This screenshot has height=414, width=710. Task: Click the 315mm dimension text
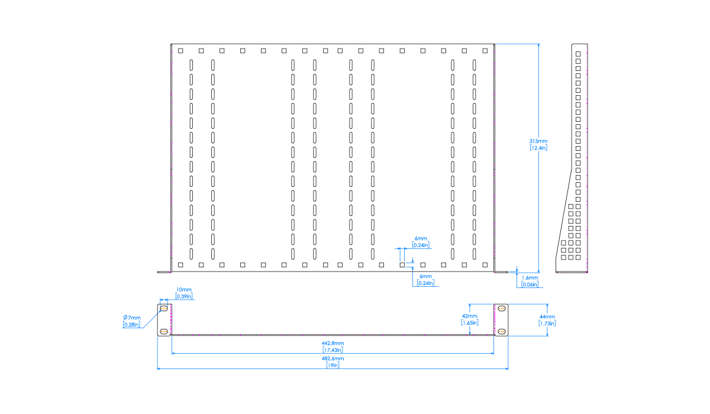538,141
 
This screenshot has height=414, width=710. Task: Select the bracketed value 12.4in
538,148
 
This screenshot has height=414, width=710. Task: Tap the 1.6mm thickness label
530,277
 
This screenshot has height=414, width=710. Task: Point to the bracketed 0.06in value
530,284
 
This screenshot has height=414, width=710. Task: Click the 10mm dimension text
184,290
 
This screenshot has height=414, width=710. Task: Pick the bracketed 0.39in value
184,296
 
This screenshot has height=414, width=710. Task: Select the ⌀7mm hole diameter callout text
132,318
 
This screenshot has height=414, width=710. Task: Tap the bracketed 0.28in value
131,324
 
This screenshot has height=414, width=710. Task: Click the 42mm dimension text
469,316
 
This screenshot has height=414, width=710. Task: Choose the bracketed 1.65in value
469,323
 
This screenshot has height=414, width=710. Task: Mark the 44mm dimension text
547,317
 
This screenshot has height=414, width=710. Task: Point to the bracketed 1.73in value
547,324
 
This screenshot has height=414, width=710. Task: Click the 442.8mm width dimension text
333,344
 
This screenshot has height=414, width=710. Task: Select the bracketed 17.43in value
333,350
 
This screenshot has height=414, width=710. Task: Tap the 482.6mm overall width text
333,358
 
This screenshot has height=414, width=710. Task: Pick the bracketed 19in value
333,366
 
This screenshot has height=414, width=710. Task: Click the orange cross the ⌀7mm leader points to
164,308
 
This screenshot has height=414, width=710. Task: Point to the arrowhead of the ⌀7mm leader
160,311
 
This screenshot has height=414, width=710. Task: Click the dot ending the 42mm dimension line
469,333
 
